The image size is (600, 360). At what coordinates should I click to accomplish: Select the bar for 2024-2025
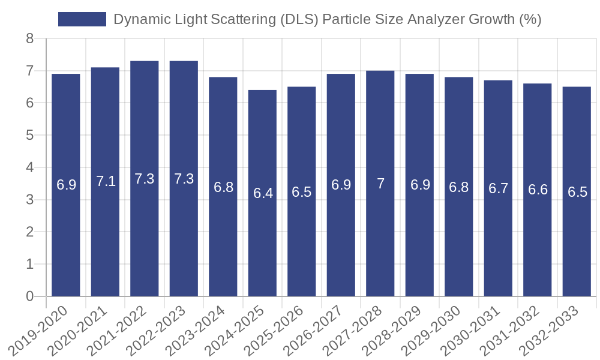click(263, 193)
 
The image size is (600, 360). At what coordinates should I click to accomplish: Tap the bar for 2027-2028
click(380, 183)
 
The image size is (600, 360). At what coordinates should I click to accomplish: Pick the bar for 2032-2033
click(577, 191)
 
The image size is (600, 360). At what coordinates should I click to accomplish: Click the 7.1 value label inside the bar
click(106, 181)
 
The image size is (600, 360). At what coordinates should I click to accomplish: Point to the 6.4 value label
click(263, 193)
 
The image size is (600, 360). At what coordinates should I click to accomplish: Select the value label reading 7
click(380, 184)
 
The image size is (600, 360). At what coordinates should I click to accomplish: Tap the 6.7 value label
click(498, 188)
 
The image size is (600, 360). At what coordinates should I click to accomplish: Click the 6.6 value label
click(538, 190)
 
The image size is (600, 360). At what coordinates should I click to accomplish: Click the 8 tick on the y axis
click(29, 39)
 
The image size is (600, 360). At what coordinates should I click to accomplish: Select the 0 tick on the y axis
click(29, 296)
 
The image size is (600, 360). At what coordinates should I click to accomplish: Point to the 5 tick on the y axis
click(29, 136)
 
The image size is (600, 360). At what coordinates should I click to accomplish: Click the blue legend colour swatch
click(82, 19)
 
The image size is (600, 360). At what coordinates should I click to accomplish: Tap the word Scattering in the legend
click(243, 20)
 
